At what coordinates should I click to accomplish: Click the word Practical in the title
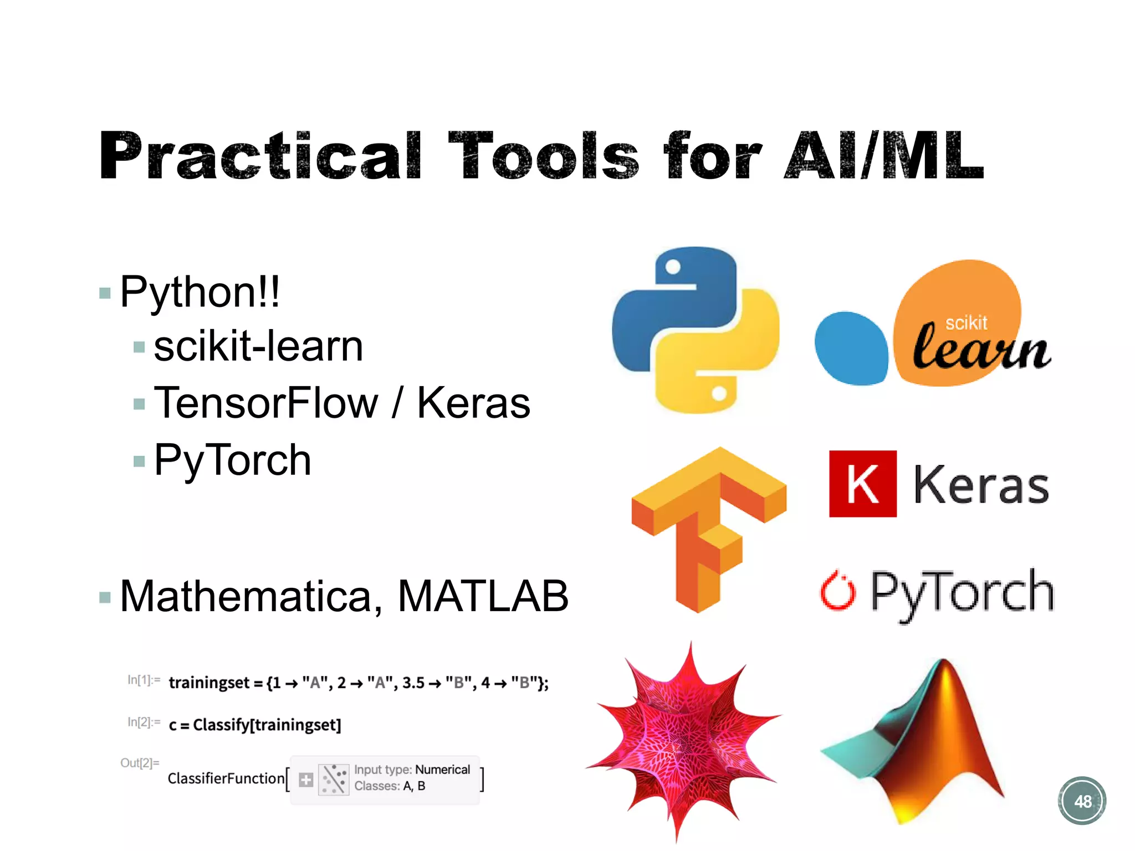point(260,156)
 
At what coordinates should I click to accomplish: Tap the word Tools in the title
point(543,156)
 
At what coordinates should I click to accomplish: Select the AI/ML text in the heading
point(884,156)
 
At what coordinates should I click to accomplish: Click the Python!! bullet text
point(200,292)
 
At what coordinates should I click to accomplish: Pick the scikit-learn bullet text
point(258,346)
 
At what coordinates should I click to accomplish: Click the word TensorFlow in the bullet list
point(266,403)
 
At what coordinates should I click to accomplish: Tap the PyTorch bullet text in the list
point(233,460)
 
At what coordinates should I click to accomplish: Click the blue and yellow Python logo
point(696,330)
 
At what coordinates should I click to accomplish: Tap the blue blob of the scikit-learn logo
point(851,348)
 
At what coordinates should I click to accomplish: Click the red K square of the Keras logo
point(862,484)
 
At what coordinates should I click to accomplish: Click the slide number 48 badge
point(1082,801)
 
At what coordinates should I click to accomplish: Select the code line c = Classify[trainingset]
point(255,725)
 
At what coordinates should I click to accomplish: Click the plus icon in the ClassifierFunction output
point(306,780)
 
